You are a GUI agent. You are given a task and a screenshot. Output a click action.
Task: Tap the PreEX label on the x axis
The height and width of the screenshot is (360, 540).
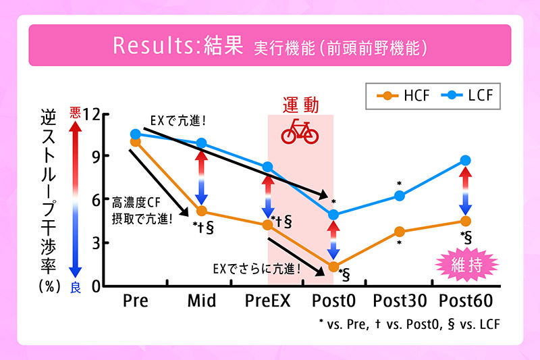click(x=267, y=300)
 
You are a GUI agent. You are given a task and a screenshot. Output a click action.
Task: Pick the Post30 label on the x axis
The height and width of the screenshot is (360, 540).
click(x=399, y=300)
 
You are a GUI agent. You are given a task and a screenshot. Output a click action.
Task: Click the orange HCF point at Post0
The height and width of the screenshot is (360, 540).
click(x=333, y=267)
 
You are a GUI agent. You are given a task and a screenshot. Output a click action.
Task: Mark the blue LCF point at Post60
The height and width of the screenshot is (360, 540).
click(x=465, y=160)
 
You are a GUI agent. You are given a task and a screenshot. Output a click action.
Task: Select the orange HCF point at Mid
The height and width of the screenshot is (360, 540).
click(x=201, y=211)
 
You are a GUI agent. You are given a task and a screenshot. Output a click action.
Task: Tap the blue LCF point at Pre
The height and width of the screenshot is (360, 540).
click(x=136, y=134)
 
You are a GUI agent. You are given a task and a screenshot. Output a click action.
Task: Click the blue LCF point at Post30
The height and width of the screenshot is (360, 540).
click(x=399, y=196)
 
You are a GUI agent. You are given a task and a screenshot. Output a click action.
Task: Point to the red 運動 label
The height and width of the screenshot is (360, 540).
click(x=300, y=105)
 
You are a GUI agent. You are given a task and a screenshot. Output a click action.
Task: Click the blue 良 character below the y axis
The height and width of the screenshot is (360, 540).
click(x=76, y=287)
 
